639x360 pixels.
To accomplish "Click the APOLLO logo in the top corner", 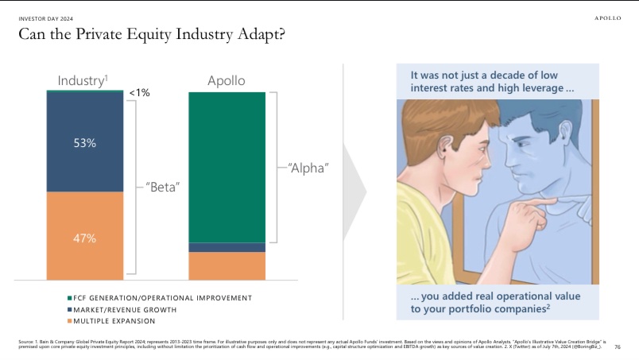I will tap(608, 18).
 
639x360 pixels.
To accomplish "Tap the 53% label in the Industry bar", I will tap(85, 143).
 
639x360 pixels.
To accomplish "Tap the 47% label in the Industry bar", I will tap(85, 238).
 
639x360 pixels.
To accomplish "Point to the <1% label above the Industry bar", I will tap(140, 93).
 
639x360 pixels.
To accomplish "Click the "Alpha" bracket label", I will tap(308, 168).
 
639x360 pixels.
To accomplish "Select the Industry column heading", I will tap(82, 81).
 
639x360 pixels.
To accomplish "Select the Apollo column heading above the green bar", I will tap(227, 81).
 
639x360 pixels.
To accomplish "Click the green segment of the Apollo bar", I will tap(227, 167).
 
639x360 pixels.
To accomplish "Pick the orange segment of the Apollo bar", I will tap(227, 265).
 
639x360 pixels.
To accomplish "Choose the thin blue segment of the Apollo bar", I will tap(227, 247).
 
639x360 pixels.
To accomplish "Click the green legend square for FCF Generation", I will tap(70, 298).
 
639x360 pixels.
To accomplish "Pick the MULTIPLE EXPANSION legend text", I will tap(116, 321).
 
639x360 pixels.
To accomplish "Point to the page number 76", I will tap(618, 346).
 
